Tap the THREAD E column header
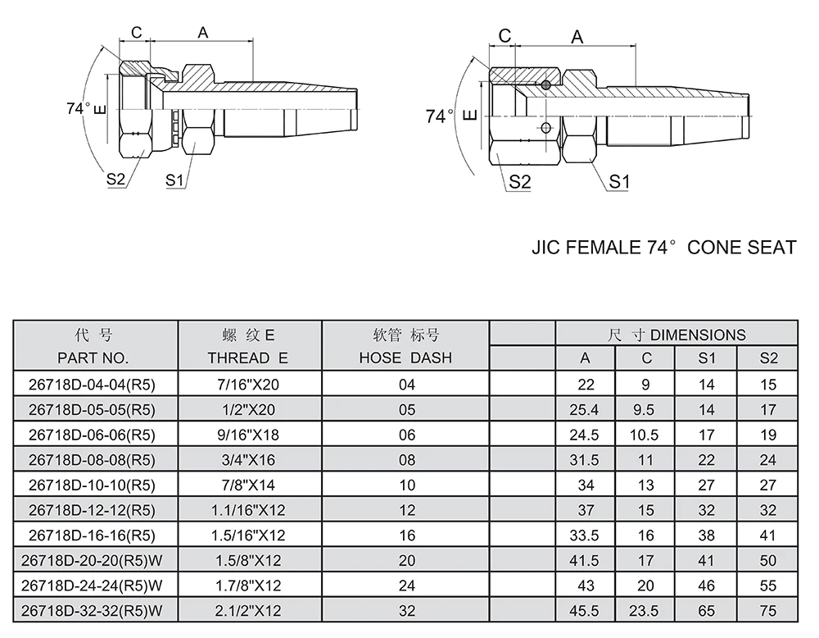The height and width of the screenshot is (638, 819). (247, 358)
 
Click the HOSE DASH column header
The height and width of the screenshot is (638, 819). (405, 358)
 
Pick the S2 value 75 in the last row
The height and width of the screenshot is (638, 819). (767, 611)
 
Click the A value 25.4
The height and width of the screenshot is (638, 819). (585, 410)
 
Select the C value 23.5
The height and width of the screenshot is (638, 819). (646, 611)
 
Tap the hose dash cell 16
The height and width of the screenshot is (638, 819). (407, 535)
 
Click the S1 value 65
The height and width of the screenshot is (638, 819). (707, 611)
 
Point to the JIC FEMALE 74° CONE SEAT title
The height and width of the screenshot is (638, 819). (663, 247)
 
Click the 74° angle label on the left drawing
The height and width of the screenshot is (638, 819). (79, 108)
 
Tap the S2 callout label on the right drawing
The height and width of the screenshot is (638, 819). (520, 182)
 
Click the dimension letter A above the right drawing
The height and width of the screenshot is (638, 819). (577, 37)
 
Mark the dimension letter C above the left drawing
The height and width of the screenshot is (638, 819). (136, 32)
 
